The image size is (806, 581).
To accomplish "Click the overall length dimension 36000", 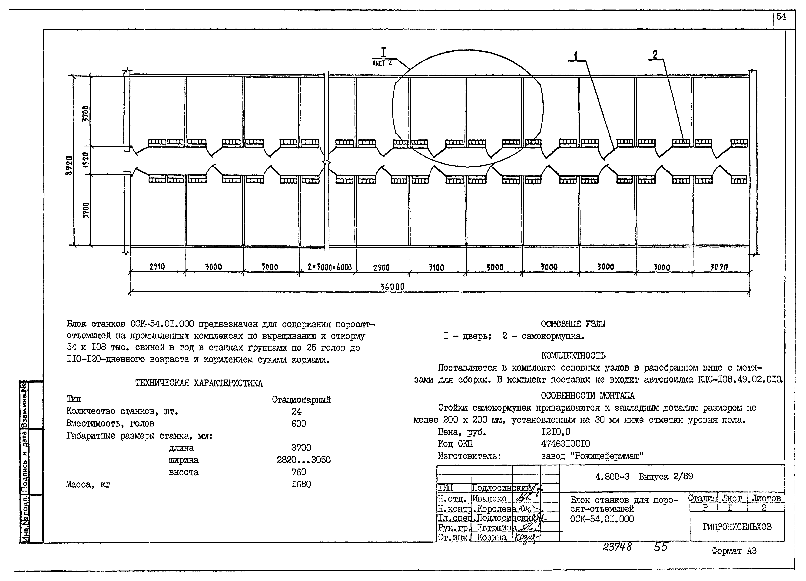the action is coord(392,286).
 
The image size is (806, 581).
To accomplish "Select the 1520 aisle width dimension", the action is coord(86,160).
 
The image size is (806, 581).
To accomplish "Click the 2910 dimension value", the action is coord(157,267).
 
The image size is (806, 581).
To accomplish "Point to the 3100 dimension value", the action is coord(436,267).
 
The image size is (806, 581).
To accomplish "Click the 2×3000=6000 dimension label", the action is coord(329,267).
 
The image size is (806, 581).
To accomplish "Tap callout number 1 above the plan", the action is coord(575,55).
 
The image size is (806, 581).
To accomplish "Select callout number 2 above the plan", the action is coord(655,54).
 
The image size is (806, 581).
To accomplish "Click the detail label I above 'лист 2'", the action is coord(383,53).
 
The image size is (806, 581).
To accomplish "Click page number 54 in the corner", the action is coord(781,17).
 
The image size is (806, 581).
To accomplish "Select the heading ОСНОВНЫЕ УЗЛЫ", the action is coord(573,324).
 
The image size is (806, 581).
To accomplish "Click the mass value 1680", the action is coord(301,484).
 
